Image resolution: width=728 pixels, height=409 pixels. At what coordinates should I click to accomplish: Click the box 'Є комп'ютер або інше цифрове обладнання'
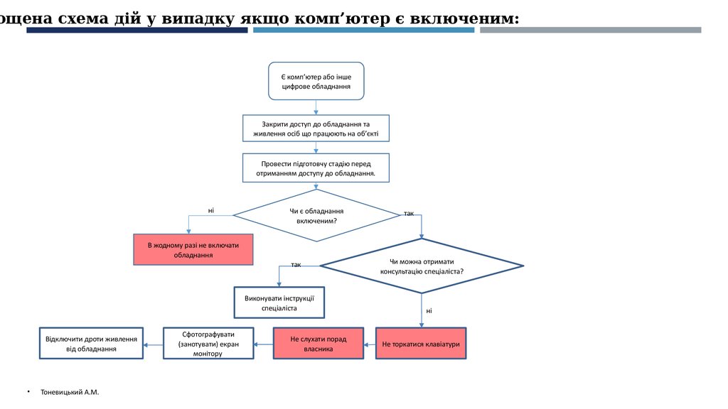(316, 81)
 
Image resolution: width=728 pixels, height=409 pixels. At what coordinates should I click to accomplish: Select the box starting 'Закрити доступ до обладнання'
(316, 129)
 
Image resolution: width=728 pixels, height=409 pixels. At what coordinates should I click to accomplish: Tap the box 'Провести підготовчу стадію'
(316, 168)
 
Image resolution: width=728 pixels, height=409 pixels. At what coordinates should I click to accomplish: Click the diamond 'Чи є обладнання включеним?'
(316, 216)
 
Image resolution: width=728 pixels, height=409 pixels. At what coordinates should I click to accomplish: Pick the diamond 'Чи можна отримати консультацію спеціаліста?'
(422, 266)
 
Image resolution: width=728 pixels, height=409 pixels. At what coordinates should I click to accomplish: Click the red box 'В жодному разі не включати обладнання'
(193, 249)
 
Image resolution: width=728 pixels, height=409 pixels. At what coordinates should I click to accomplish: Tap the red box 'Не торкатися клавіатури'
(421, 344)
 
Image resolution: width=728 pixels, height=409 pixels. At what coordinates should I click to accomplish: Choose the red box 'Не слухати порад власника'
(318, 344)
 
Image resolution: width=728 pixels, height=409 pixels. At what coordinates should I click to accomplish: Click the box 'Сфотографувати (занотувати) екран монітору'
(208, 344)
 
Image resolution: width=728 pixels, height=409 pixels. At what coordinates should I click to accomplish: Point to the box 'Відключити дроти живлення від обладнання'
(91, 344)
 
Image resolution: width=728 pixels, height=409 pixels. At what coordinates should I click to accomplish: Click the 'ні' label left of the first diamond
(211, 210)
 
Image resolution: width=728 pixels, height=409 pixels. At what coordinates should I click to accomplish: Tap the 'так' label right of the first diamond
(409, 213)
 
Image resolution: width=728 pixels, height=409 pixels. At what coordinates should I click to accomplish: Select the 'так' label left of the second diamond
(296, 264)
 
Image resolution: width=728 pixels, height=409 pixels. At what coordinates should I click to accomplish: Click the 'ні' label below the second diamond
(429, 311)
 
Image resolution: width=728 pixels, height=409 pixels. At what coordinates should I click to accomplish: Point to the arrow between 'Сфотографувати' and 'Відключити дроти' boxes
(153, 344)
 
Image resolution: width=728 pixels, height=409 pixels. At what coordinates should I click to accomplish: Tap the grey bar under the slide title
(590, 31)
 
